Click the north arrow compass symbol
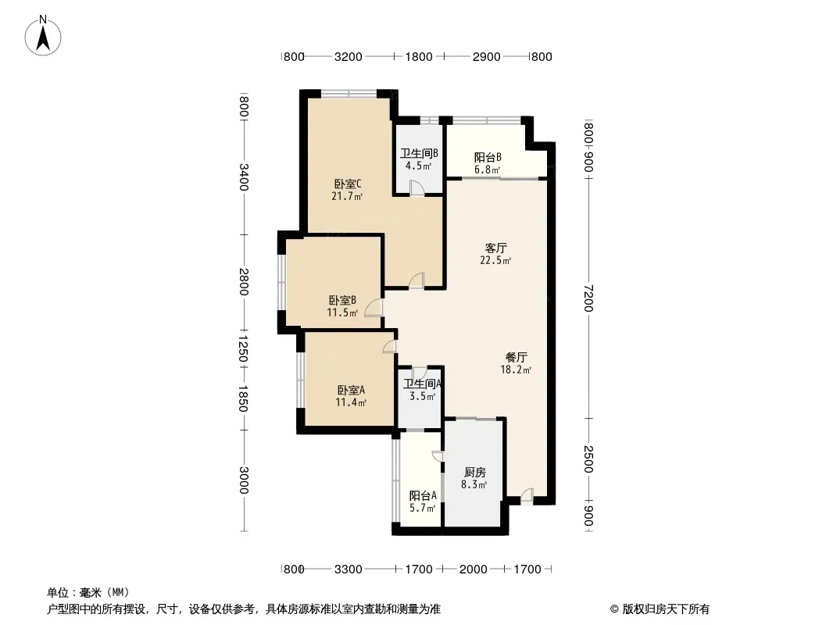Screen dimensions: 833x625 coord(43,36)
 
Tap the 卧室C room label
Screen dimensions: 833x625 coord(348,184)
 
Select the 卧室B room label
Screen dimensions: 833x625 coord(342,301)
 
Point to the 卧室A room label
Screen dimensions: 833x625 coord(351,391)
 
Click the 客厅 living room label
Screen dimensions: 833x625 coord(495,248)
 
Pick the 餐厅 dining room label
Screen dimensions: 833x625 coord(516,357)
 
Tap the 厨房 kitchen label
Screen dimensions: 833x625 coord(474,472)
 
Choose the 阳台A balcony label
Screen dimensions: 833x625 coord(423,496)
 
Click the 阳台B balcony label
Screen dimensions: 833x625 coord(488,158)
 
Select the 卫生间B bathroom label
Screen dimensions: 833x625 coord(419,153)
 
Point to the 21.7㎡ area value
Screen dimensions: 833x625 coord(347,196)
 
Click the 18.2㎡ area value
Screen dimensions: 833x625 coord(516,370)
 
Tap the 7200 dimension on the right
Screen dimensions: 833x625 coord(588,298)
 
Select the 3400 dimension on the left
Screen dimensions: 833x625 coord(243,177)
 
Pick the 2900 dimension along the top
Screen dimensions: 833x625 coord(487,56)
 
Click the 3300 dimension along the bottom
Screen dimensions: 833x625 coord(349,570)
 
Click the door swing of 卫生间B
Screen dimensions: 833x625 coord(417,188)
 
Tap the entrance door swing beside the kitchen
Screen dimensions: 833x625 coord(527,495)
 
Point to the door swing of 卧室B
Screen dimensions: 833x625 coord(374,308)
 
